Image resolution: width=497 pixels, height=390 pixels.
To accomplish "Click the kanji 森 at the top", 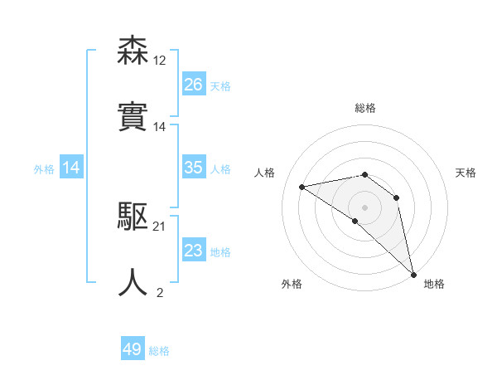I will coord(133,51).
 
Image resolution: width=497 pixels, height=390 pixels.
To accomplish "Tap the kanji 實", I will coord(133,116).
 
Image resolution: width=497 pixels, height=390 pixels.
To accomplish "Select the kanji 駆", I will coord(133,217).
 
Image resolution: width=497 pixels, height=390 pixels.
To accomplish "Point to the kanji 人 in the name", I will coord(133,282).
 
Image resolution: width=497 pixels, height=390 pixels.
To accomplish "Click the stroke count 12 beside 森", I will coord(159,60).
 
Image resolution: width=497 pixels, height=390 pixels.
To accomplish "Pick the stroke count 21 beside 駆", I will coord(159,227).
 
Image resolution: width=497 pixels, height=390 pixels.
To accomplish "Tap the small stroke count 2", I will coord(160,291).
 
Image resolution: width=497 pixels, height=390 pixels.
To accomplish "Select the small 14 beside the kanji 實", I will coord(159,127).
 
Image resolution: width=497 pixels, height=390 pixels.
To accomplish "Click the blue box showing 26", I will coord(194,85).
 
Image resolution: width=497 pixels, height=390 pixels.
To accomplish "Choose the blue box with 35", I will coord(194,168).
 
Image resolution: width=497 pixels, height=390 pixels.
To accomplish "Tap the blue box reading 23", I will coord(194,251).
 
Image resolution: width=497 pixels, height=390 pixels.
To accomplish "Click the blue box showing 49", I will coord(133,349).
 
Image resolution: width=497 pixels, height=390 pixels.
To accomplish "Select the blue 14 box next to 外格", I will coord(72,168).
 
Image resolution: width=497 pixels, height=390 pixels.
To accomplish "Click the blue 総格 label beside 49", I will coord(159,351).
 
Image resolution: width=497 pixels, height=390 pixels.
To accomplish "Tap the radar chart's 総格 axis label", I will coord(365,108).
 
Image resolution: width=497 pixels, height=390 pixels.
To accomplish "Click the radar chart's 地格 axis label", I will coord(434,284).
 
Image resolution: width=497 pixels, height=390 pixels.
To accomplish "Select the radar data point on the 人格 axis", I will coord(302,187).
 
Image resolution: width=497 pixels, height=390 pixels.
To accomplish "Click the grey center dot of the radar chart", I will coord(364,207).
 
